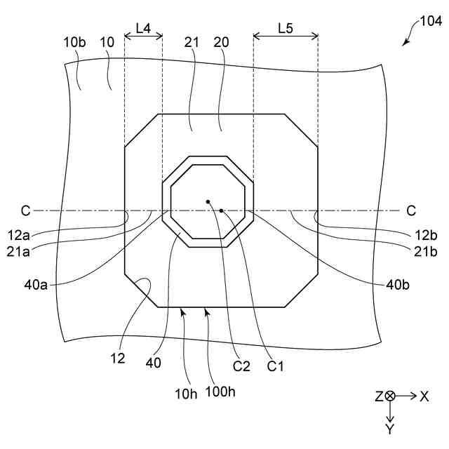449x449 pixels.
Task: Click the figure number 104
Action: [430, 22]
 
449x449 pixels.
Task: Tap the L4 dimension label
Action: [143, 28]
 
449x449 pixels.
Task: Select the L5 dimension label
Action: [286, 28]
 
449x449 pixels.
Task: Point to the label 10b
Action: [74, 42]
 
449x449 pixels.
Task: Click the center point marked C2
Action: [208, 202]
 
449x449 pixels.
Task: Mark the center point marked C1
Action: [221, 210]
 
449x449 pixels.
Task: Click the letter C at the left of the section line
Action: [25, 210]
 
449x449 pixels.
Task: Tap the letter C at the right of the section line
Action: [411, 210]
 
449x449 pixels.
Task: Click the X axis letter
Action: [424, 396]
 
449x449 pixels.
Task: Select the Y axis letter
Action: [390, 429]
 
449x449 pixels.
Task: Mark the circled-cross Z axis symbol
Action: [390, 396]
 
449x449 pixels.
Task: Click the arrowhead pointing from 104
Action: [405, 43]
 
